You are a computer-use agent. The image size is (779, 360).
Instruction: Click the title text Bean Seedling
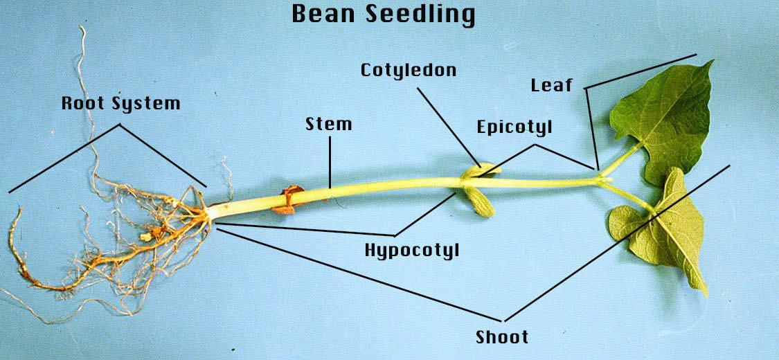tap(383, 14)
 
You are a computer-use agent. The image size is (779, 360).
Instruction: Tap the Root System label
tap(120, 103)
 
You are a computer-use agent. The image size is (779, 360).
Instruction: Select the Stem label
tap(328, 124)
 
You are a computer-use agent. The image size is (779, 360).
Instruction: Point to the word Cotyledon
tap(409, 70)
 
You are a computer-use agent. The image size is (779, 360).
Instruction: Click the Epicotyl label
tap(514, 127)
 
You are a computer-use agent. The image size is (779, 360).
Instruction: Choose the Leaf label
tap(551, 85)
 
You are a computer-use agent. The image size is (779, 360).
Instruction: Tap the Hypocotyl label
tap(412, 250)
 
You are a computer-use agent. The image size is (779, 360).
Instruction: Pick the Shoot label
tap(502, 336)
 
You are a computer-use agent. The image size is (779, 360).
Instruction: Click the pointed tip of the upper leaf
tap(713, 61)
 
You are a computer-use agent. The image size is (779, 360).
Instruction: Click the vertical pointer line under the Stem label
tap(330, 161)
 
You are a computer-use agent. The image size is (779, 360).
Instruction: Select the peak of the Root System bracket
tap(119, 125)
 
